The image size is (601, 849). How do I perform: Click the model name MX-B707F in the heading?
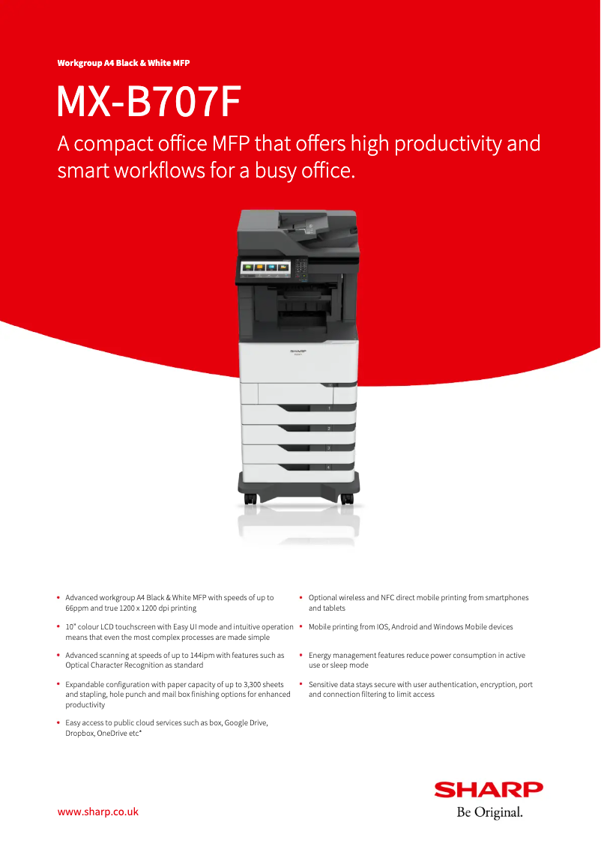[x=149, y=101]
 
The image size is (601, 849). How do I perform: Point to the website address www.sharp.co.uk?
[x=98, y=812]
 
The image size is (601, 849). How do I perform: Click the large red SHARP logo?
[x=489, y=790]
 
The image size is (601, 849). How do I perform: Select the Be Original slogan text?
[x=490, y=812]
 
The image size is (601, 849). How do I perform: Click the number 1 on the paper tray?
[x=329, y=408]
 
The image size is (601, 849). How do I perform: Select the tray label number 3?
[x=328, y=448]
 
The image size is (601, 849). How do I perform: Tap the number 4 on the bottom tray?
[x=328, y=467]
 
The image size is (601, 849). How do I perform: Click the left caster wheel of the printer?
[x=250, y=499]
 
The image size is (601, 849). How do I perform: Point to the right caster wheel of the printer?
[x=347, y=499]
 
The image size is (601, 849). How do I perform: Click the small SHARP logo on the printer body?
[x=298, y=351]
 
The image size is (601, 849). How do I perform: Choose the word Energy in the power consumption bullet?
[x=320, y=656]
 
